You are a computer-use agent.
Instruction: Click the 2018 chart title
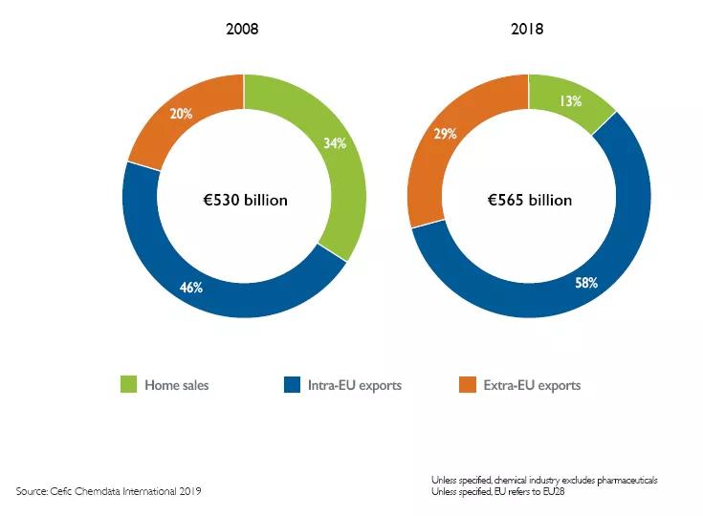click(x=527, y=30)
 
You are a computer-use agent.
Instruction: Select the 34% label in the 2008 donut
click(x=335, y=143)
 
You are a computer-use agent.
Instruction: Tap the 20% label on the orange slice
click(x=181, y=114)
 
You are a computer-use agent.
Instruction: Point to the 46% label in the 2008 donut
click(x=190, y=287)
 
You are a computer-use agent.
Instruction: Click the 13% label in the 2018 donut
click(x=572, y=100)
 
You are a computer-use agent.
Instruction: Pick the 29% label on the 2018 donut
click(x=445, y=135)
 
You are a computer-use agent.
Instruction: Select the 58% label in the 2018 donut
click(x=585, y=283)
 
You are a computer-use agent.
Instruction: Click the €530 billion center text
click(x=244, y=201)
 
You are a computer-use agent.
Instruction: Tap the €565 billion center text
click(x=528, y=201)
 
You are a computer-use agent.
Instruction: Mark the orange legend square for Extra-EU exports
click(x=467, y=385)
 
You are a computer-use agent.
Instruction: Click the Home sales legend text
click(x=177, y=386)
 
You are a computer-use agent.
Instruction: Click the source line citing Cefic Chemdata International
click(x=109, y=491)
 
